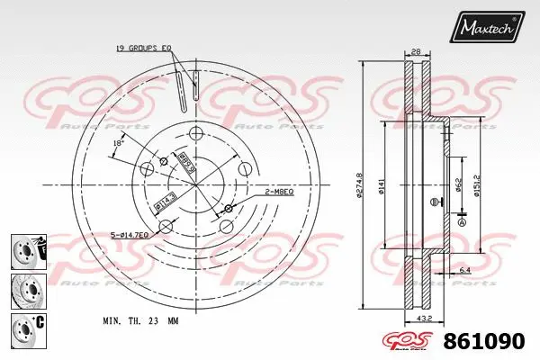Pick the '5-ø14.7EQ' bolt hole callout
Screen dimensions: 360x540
[x=130, y=235]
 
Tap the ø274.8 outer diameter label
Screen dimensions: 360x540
[x=359, y=185]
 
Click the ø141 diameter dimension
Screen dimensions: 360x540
[x=382, y=185]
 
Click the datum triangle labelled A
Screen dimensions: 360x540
[x=463, y=220]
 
